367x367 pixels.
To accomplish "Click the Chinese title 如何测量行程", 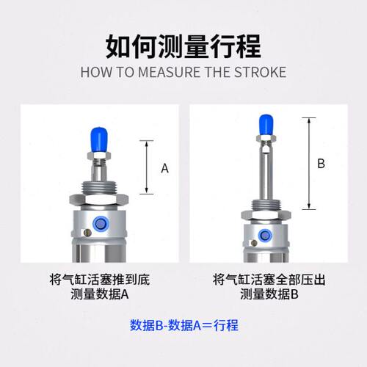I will (x=183, y=46).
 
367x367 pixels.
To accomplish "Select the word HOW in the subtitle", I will (x=94, y=73).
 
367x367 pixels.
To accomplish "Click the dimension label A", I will (x=164, y=168).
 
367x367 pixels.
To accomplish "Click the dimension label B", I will (x=321, y=164).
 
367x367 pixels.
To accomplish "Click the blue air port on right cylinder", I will (x=266, y=236).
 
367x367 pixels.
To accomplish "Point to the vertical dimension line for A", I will (x=149, y=168).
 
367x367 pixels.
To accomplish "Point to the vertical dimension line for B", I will (x=309, y=163).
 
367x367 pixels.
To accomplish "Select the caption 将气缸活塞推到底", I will (x=99, y=280).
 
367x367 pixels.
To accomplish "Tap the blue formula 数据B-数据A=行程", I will (x=183, y=325).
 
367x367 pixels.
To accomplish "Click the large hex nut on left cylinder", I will (x=99, y=199).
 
